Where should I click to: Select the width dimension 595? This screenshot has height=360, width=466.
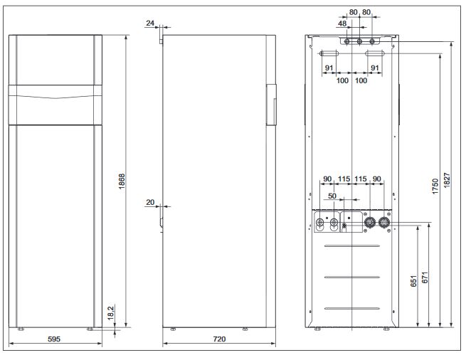coord(55,339)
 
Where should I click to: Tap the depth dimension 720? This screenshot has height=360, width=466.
coord(219,339)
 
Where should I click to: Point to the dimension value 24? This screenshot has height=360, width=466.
coord(150,23)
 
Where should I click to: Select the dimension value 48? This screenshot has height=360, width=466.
coord(343,23)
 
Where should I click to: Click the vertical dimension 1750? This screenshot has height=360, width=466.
coord(435,186)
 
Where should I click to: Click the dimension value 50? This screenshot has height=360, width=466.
coord(332,195)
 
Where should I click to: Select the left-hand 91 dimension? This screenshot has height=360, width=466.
coord(329,68)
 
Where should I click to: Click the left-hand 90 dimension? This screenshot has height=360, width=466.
coord(327,179)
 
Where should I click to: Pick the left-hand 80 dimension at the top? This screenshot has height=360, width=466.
coord(354,12)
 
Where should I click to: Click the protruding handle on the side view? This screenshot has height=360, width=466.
coord(270,105)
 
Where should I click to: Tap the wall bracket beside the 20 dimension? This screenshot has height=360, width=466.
coord(161,217)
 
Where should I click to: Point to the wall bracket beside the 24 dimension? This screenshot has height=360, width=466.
coord(161,35)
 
